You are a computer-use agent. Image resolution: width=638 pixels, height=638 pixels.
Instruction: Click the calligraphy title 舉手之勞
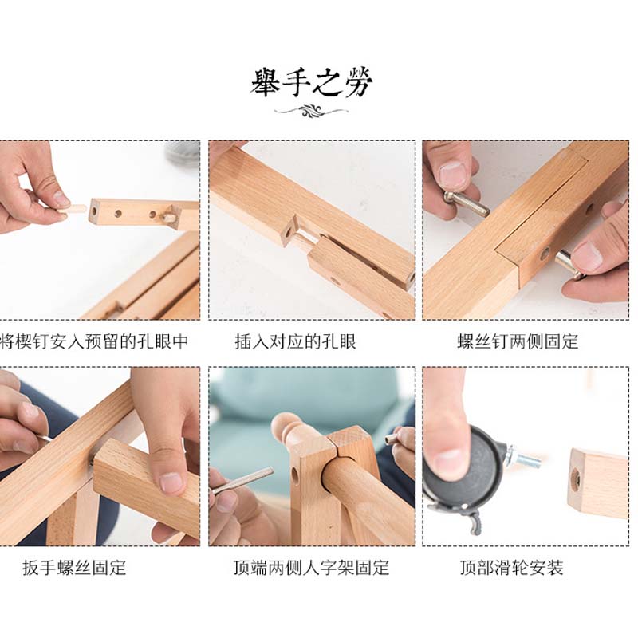pos(311,83)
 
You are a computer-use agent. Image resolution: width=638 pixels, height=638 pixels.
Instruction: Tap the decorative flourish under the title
pos(311,110)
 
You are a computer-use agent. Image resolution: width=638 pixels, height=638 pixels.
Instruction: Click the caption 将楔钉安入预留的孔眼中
pos(94,341)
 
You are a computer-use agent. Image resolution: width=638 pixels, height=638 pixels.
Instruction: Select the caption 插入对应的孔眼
pos(295,341)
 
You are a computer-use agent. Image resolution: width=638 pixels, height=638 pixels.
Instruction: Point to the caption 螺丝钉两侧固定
pos(518,341)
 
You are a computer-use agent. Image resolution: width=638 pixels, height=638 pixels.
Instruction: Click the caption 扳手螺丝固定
pos(74,567)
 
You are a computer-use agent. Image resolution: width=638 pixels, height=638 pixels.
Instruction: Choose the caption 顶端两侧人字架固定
pos(311,567)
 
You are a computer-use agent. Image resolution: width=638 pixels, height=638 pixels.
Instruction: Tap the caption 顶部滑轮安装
pos(512,567)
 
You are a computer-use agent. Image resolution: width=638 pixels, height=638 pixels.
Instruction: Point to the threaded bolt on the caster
pos(523,458)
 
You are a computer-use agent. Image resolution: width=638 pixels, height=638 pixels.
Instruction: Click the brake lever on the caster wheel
pos(475,522)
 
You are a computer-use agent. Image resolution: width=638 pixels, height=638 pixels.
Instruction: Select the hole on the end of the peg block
pos(94,211)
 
